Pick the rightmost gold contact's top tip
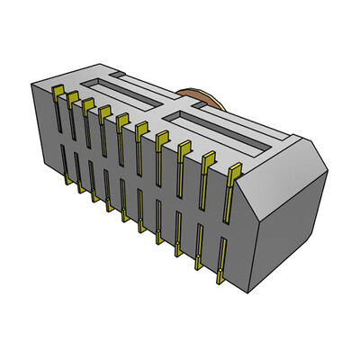[235, 169]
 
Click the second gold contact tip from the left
[72, 96]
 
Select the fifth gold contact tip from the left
[121, 119]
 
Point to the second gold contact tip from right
[209, 157]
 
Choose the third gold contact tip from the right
[184, 147]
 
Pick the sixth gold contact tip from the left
[141, 128]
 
